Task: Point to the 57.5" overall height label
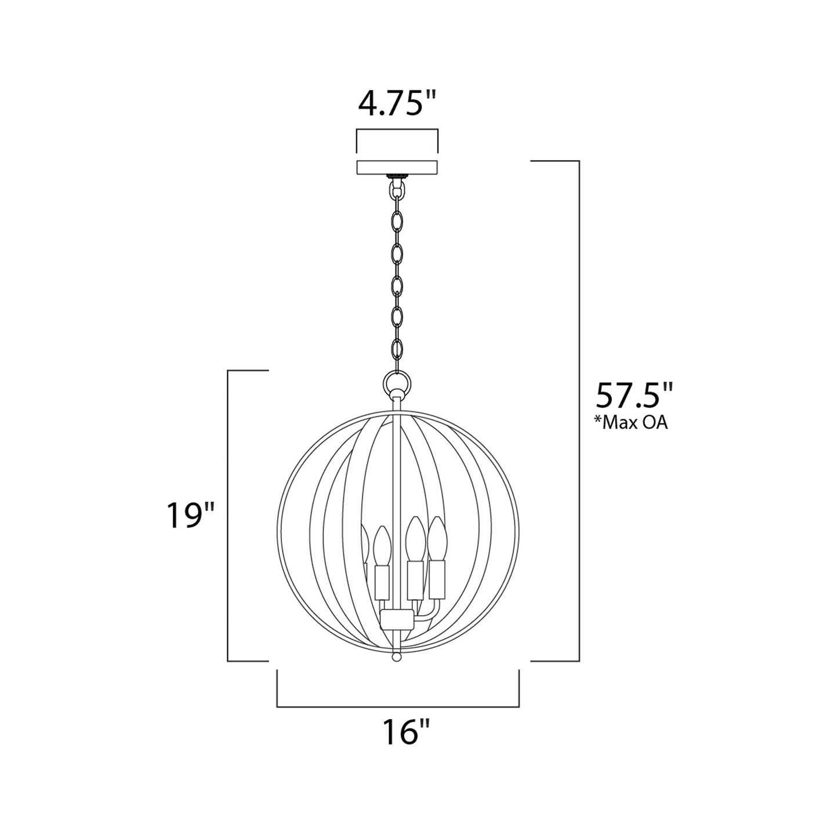[634, 397]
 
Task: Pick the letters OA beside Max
[655, 423]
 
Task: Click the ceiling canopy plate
[397, 167]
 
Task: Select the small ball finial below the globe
[397, 657]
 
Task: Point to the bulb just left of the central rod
[380, 542]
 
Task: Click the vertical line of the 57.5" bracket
[579, 411]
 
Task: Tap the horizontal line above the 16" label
[397, 707]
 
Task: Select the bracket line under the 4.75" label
[397, 130]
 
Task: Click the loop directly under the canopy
[397, 190]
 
